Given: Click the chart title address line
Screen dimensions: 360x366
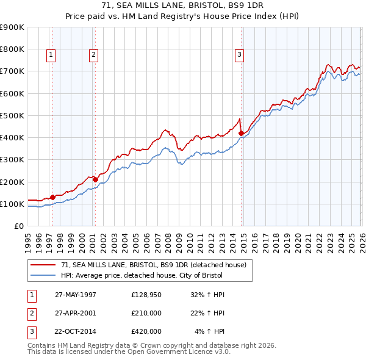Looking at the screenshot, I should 183,5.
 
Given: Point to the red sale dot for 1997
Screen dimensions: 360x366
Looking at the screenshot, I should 53,197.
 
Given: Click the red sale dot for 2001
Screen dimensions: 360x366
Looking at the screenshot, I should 95,179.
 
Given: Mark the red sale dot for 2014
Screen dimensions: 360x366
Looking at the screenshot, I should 241,132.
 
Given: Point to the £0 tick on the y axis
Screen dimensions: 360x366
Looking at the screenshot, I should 20,226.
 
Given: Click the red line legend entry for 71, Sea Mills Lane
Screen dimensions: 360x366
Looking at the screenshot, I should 153,265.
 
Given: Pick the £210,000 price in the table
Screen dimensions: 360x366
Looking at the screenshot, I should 146,313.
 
